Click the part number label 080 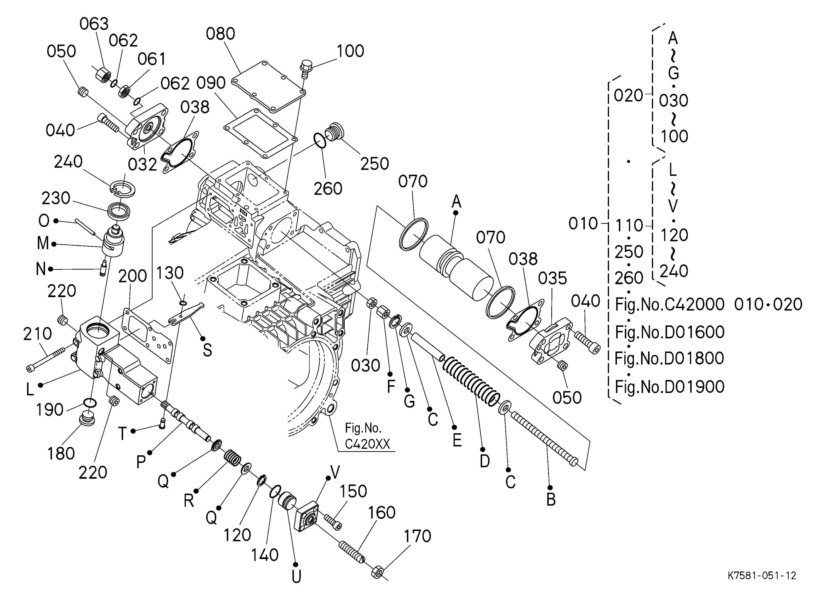pos(220,34)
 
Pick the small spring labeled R pos(232,458)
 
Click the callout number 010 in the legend pos(583,223)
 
